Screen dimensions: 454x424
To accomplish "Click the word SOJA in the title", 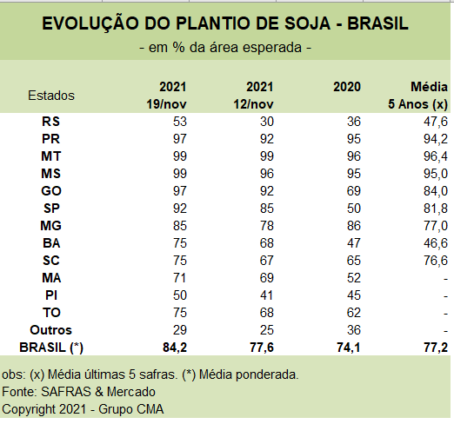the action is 307,23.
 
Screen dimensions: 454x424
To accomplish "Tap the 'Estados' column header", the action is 51,96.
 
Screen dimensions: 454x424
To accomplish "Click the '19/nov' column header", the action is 166,104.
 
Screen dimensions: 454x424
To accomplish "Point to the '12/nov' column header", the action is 254,104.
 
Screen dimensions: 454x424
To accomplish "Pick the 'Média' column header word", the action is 429,87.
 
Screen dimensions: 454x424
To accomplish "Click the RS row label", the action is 51,122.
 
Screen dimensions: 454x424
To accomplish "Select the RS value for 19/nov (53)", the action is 180,122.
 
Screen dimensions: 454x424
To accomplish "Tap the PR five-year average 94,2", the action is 436,139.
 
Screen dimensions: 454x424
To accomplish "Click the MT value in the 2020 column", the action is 354,156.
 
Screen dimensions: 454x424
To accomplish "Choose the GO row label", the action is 51,191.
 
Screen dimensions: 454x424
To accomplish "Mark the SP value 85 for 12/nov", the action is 267,209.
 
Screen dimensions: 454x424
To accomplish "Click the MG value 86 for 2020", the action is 354,226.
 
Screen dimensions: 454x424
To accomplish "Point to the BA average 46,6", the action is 436,243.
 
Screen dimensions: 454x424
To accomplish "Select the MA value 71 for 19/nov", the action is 180,278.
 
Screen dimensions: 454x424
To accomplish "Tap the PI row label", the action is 51,295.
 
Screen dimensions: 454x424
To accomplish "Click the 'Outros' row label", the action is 51,330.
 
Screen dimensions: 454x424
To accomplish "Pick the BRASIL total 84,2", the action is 175,348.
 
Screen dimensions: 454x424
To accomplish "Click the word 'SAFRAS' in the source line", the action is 66,392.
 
